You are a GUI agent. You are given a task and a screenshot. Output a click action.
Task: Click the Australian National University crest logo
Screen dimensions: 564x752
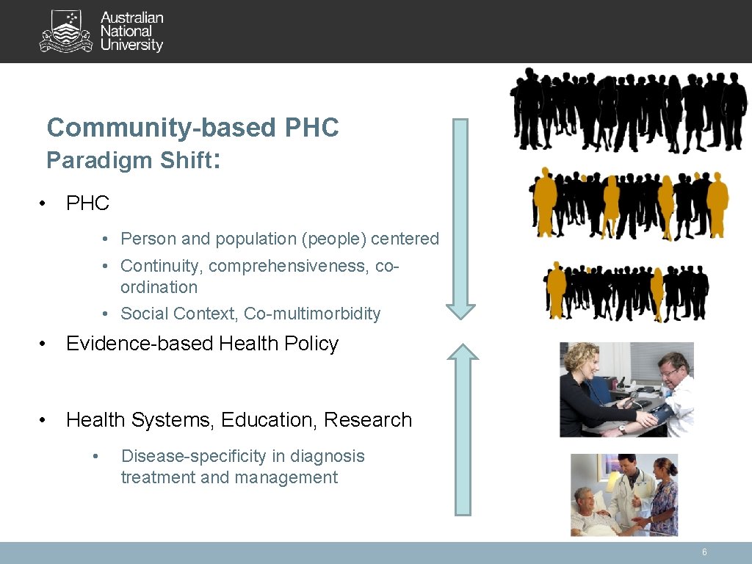point(66,31)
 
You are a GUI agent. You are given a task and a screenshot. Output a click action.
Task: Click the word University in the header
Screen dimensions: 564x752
point(131,46)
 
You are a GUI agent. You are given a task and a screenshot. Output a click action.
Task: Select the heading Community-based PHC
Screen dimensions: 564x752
point(192,128)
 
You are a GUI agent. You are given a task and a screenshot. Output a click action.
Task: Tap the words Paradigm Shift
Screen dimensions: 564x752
point(129,160)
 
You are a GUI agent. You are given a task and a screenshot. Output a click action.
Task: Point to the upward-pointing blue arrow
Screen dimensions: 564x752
point(462,429)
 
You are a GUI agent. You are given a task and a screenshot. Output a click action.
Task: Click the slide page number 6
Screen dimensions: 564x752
point(704,552)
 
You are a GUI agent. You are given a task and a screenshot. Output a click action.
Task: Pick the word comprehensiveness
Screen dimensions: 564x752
point(289,265)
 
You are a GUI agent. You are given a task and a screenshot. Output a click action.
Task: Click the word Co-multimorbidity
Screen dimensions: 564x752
point(312,314)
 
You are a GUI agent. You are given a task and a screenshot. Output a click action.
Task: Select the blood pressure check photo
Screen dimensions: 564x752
point(626,389)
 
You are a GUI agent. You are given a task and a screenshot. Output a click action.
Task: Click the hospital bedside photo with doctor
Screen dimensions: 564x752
point(624,494)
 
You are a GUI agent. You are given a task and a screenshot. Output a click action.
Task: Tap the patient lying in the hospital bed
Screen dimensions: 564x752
point(591,510)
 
